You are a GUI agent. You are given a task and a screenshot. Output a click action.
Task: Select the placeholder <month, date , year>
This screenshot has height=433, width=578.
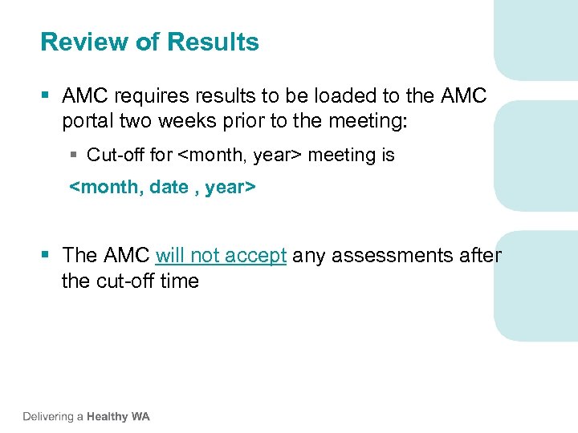tap(162, 188)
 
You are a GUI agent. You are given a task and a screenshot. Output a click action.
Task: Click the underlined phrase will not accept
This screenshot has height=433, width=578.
tap(221, 256)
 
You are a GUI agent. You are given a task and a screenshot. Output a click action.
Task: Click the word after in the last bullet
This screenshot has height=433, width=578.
tap(480, 256)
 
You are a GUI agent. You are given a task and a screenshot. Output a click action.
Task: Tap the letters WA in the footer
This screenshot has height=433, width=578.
tap(140, 417)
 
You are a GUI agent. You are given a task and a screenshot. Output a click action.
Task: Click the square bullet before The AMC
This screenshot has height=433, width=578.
tap(47, 256)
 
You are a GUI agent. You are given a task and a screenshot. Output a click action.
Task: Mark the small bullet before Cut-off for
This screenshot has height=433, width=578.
tap(73, 155)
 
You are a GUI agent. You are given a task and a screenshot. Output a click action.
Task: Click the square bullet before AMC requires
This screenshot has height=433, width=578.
tap(47, 96)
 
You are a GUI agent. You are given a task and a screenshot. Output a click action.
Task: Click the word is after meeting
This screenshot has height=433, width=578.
tap(386, 155)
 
